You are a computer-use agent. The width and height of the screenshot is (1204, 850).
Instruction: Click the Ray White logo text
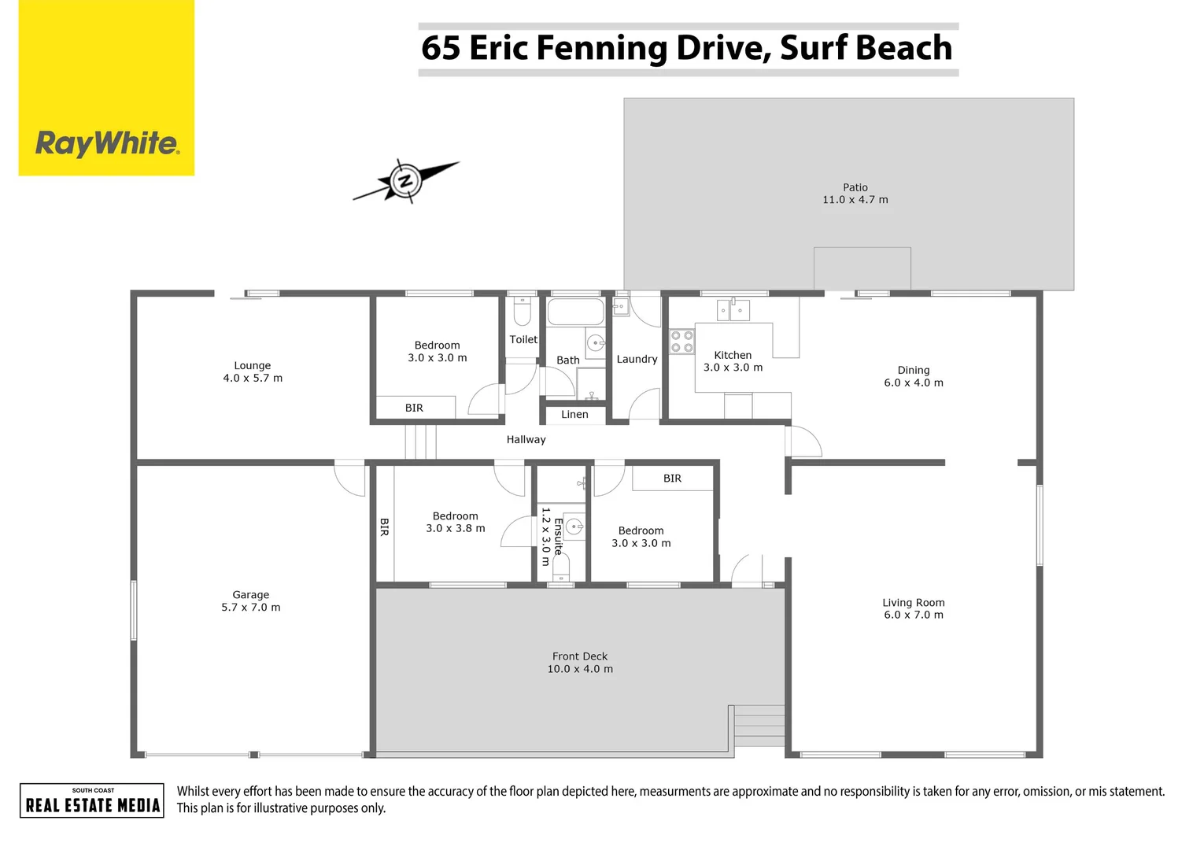pyautogui.click(x=107, y=144)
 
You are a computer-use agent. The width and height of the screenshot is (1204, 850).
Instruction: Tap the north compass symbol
pyautogui.click(x=405, y=181)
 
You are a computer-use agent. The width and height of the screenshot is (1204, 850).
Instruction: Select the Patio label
pyautogui.click(x=855, y=187)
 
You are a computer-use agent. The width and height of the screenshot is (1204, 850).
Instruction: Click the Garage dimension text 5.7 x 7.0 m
pyautogui.click(x=251, y=608)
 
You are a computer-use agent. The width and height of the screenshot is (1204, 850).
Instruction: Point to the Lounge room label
pyautogui.click(x=253, y=366)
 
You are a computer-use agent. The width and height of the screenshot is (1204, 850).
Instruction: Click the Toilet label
pyautogui.click(x=523, y=340)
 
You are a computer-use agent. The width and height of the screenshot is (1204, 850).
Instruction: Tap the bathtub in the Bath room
pyautogui.click(x=575, y=312)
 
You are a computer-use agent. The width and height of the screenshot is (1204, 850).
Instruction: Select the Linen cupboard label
pyautogui.click(x=574, y=415)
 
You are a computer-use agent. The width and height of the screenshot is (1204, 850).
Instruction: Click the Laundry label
pyautogui.click(x=637, y=359)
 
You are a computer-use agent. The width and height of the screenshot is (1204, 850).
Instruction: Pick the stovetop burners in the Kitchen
pyautogui.click(x=681, y=342)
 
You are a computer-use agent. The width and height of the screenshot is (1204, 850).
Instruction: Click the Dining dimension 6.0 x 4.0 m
pyautogui.click(x=914, y=383)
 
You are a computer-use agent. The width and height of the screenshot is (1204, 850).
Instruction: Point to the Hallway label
pyautogui.click(x=526, y=440)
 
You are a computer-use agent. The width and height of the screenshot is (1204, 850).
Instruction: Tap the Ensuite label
pyautogui.click(x=558, y=537)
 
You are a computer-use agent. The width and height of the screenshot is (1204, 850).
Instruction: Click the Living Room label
pyautogui.click(x=914, y=603)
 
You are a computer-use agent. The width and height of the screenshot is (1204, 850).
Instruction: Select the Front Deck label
pyautogui.click(x=580, y=656)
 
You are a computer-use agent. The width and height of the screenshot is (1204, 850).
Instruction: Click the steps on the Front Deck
pyautogui.click(x=759, y=725)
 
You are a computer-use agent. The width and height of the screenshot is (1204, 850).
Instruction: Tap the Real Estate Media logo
pyautogui.click(x=92, y=800)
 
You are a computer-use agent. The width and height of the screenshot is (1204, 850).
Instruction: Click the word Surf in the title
pyautogui.click(x=816, y=48)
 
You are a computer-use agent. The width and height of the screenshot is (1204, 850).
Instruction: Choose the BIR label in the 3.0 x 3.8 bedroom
pyautogui.click(x=384, y=527)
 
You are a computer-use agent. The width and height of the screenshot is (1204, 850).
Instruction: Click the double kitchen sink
pyautogui.click(x=733, y=310)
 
